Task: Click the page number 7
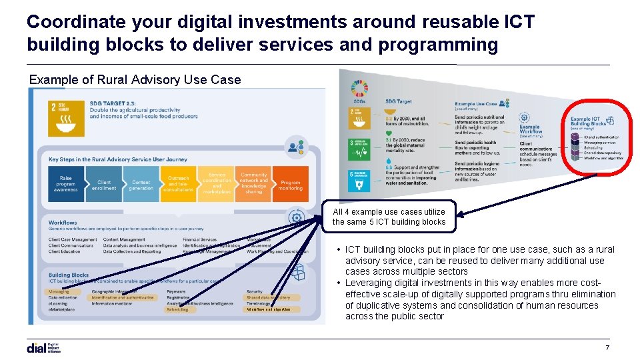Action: pos(607,348)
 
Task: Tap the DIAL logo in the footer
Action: pos(44,347)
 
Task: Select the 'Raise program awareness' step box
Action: pos(66,184)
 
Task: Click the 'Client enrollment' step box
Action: pos(104,184)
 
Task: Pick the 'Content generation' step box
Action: pos(141,184)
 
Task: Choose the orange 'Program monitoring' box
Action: pos(291,184)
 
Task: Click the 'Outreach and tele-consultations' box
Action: pos(178,184)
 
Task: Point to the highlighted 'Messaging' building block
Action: pos(59,291)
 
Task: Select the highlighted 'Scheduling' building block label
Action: pos(178,309)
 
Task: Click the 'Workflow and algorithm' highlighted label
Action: pos(269,309)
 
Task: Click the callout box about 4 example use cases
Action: pos(389,217)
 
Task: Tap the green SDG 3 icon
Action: pos(358,149)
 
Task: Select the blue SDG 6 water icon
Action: pos(358,179)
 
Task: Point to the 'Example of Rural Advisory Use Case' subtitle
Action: pos(135,80)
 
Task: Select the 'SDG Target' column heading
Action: pos(399,101)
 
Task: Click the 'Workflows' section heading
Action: pos(63,223)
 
